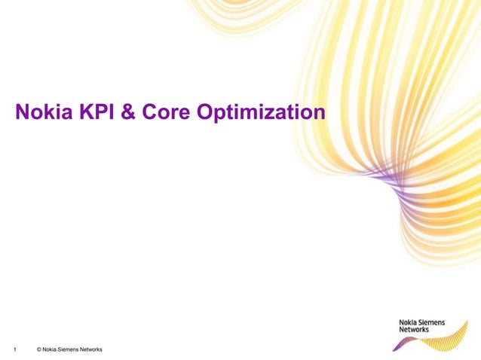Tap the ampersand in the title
(x=127, y=113)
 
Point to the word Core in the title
(x=164, y=113)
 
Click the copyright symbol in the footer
(x=38, y=349)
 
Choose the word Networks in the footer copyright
(x=92, y=349)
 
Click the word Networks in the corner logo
(x=413, y=330)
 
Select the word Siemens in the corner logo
(x=430, y=322)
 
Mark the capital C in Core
(x=148, y=113)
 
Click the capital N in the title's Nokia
(x=23, y=113)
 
